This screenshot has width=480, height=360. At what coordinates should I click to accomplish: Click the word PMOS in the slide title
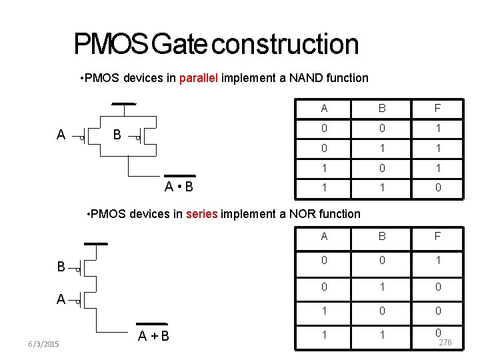(x=111, y=45)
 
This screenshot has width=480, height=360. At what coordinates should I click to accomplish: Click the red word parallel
(x=197, y=78)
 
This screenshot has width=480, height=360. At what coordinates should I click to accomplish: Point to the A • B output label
(x=179, y=186)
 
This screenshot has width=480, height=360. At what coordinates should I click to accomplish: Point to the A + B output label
(x=153, y=335)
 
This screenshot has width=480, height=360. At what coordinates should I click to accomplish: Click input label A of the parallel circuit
(x=61, y=135)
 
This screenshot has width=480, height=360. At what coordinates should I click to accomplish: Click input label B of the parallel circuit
(x=117, y=135)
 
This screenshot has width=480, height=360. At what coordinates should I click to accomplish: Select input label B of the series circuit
(x=61, y=267)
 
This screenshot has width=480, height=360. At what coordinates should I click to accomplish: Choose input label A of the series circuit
(x=61, y=299)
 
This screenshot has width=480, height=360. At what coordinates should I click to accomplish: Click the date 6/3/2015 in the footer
(x=43, y=344)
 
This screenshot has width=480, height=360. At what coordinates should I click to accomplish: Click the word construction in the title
(x=287, y=45)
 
